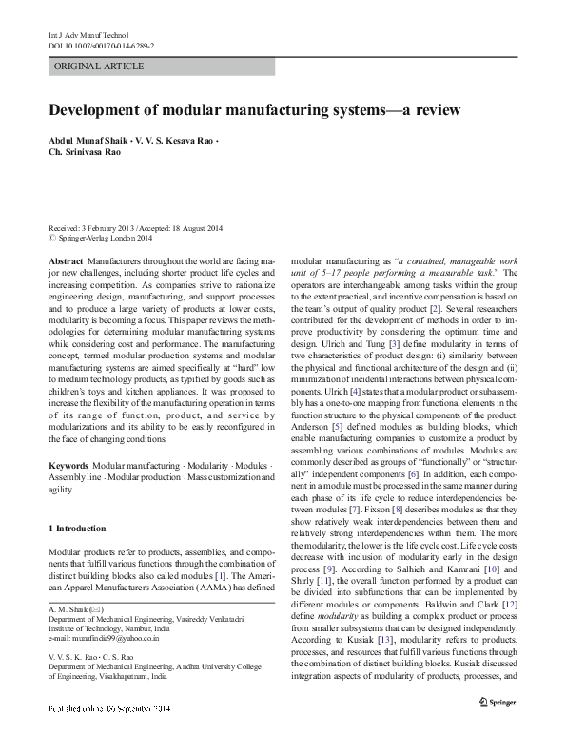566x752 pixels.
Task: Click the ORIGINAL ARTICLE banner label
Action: pyautogui.click(x=100, y=67)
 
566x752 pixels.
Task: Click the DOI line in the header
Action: pyautogui.click(x=101, y=45)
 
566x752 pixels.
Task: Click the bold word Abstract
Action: pyautogui.click(x=65, y=260)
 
